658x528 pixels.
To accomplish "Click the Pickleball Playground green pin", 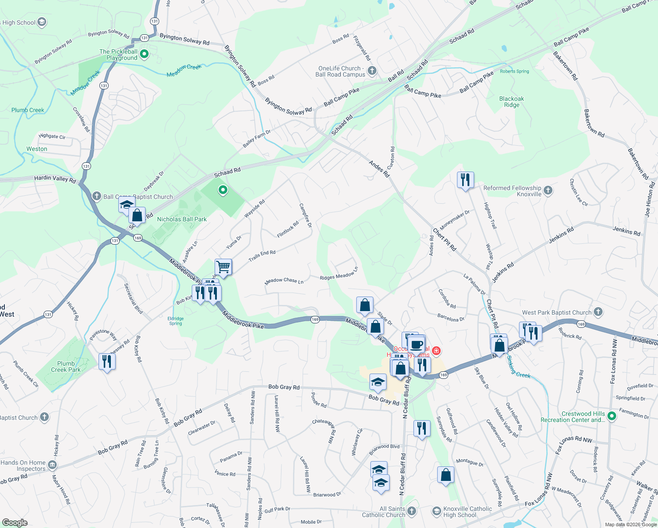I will [x=144, y=55].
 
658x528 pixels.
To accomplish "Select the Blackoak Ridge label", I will [x=512, y=102].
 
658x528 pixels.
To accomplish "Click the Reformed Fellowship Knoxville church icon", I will [x=548, y=191].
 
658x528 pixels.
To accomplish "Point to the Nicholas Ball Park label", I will [x=182, y=219].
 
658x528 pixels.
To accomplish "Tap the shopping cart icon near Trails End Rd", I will [x=223, y=267].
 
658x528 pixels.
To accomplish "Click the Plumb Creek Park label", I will [x=66, y=367].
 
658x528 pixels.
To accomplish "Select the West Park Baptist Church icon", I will [x=598, y=312].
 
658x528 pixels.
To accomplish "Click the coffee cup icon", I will [x=416, y=345].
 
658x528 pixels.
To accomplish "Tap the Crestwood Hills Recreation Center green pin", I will [x=611, y=416].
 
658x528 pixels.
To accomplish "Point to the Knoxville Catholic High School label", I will [x=468, y=512].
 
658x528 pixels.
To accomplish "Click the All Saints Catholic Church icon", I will [x=412, y=511].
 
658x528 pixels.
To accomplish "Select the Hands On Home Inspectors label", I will [x=23, y=466].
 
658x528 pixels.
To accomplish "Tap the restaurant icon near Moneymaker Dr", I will [x=465, y=180].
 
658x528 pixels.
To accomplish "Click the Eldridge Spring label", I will [x=175, y=321].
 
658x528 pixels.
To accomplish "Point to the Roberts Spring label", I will [x=514, y=71].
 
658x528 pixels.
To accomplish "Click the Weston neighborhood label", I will [x=37, y=149].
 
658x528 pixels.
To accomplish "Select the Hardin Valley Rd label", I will [x=55, y=178].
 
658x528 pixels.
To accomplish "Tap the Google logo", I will [x=15, y=522].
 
